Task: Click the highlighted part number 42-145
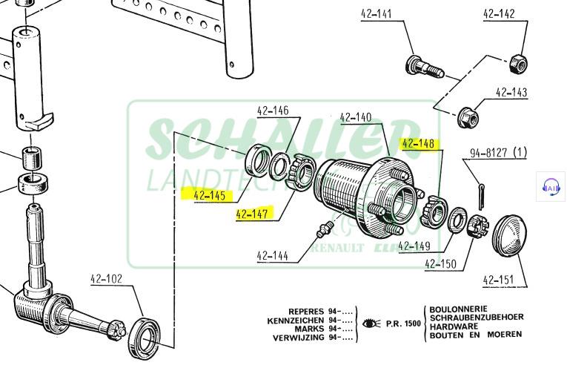click(208, 196)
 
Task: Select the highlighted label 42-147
click(252, 214)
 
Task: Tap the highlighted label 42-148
click(418, 144)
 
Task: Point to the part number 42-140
click(356, 117)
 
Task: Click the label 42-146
click(273, 112)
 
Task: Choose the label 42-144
click(273, 257)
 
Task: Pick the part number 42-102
click(106, 280)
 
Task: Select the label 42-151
click(499, 280)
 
